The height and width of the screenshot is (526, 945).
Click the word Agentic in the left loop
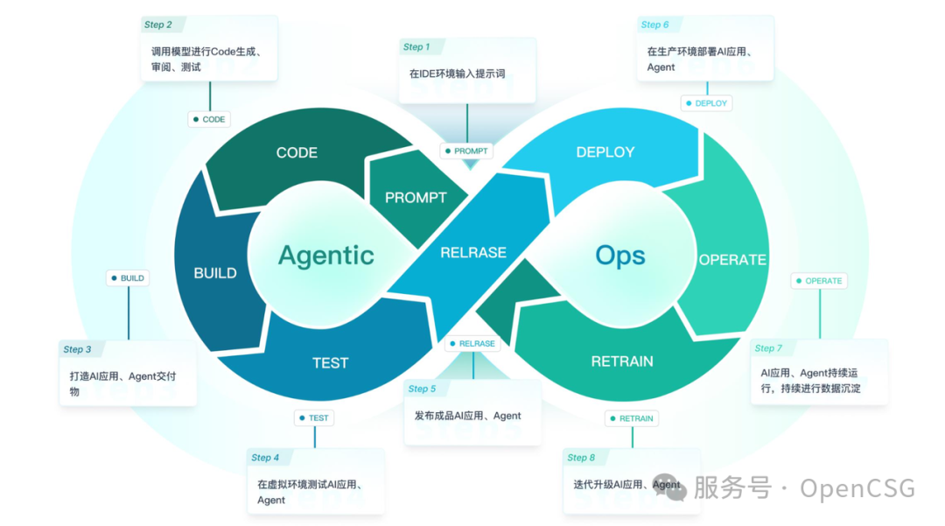click(325, 256)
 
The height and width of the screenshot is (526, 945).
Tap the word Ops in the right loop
click(620, 256)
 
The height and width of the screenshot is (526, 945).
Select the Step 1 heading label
click(416, 47)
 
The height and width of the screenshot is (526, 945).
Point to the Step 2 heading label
click(158, 25)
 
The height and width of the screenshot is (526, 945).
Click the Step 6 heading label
click(654, 25)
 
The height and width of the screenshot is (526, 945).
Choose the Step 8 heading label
click(581, 458)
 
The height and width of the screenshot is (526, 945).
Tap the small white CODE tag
click(209, 120)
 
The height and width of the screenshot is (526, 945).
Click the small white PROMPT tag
click(466, 151)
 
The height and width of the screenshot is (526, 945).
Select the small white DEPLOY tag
click(706, 103)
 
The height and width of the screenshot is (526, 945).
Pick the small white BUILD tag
click(128, 278)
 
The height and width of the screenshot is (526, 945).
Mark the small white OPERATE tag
click(819, 281)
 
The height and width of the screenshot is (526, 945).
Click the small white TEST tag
click(314, 418)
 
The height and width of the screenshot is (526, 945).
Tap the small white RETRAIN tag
click(632, 418)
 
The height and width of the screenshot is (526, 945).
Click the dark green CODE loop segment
click(297, 152)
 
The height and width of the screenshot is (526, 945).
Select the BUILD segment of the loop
click(215, 273)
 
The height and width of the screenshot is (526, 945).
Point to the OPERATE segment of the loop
click(731, 260)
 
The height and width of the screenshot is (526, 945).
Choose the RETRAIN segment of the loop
click(622, 361)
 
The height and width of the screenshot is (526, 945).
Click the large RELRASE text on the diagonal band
click(473, 252)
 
